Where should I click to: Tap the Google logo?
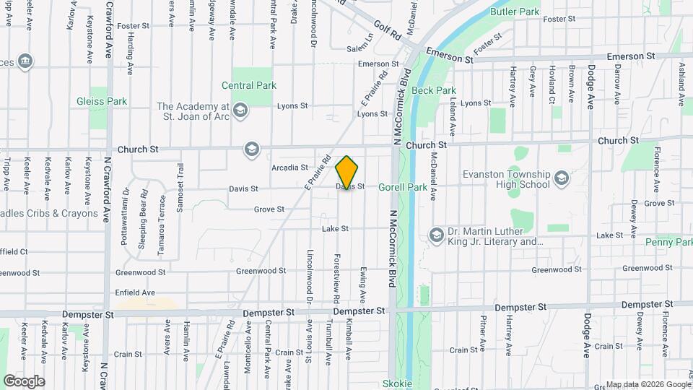[x=24, y=381]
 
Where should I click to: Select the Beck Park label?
[x=433, y=91]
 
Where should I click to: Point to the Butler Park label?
[x=515, y=12]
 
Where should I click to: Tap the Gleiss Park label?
[x=102, y=102]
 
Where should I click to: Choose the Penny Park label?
[x=668, y=242]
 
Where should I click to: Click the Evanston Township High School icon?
[x=561, y=175]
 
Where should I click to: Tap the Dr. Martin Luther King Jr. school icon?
[x=436, y=235]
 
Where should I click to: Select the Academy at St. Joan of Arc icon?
[x=241, y=110]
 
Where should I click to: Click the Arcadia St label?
[x=290, y=168]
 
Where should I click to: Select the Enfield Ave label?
[x=135, y=292]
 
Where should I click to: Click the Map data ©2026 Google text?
[x=648, y=384]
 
